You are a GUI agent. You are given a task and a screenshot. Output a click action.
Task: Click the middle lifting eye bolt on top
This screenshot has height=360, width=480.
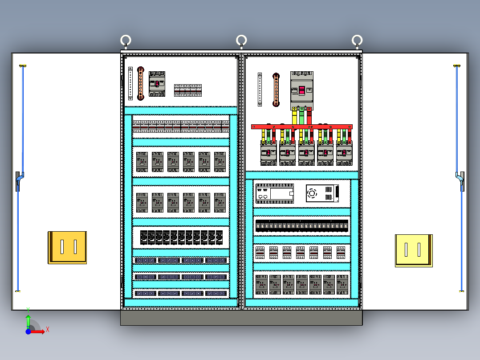(x=241, y=41)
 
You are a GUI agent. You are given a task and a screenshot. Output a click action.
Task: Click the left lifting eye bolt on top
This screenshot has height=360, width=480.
(x=126, y=41)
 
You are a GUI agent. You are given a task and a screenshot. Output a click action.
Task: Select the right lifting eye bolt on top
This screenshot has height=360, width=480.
(x=357, y=41)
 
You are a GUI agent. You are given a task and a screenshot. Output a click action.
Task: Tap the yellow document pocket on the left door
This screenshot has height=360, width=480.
(x=67, y=247)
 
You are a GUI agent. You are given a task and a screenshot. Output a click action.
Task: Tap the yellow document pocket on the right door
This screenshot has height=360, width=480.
(x=414, y=250)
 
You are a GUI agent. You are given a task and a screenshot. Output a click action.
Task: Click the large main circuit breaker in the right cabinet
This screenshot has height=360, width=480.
(x=301, y=90)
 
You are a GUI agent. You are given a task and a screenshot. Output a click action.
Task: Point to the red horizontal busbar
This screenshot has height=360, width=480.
(x=301, y=127)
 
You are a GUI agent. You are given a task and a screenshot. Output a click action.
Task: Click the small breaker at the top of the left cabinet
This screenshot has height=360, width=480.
(x=157, y=83)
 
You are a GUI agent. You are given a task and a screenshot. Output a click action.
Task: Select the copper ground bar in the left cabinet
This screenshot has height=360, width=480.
(x=141, y=83)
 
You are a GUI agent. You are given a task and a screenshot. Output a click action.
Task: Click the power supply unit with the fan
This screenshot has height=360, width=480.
(x=322, y=193)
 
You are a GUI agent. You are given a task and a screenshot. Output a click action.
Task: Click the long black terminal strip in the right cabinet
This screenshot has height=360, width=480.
(x=301, y=226)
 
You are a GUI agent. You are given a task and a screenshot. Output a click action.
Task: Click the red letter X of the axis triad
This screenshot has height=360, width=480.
(x=47, y=330)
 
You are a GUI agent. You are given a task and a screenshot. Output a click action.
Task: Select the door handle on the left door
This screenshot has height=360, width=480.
(x=19, y=181)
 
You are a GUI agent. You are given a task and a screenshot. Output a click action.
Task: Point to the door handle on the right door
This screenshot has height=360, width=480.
(x=460, y=181)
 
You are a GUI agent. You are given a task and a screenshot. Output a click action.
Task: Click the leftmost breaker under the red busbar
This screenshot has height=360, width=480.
(x=268, y=153)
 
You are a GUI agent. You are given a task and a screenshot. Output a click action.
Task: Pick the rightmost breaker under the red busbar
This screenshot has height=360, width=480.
(x=344, y=153)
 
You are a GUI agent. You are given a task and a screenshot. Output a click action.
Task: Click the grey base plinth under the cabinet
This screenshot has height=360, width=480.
(x=241, y=318)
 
